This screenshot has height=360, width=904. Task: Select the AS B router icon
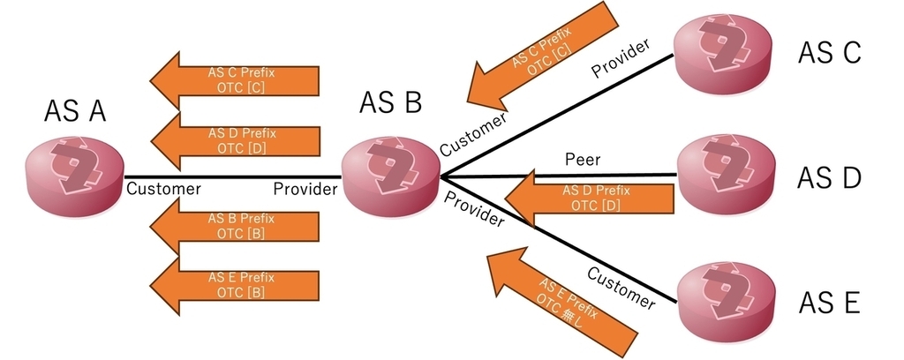pyautogui.click(x=389, y=174)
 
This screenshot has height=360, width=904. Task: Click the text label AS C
pyautogui.click(x=829, y=53)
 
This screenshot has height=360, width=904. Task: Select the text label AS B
pyautogui.click(x=390, y=103)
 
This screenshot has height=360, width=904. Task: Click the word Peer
pyautogui.click(x=582, y=160)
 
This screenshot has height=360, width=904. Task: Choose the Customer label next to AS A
pyautogui.click(x=164, y=188)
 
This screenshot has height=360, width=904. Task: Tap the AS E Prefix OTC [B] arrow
pyautogui.click(x=234, y=284)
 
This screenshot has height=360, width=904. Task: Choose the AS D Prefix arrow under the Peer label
pyautogui.click(x=589, y=197)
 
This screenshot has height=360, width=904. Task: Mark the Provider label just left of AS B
pyautogui.click(x=305, y=188)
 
